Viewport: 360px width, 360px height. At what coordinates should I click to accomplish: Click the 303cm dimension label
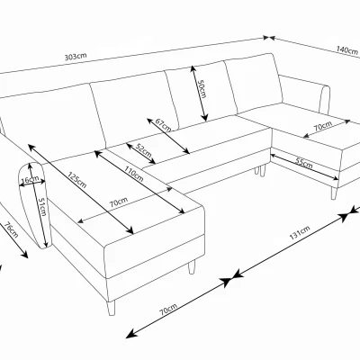[76, 56]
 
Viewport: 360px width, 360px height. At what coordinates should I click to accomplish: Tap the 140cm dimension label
[347, 50]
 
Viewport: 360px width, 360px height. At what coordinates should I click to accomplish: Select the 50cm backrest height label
[202, 88]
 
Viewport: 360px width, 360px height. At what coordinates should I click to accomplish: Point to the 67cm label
[163, 125]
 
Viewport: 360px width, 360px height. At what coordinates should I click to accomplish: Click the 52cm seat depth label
[143, 151]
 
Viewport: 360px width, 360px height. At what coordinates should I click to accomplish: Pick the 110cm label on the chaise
[133, 174]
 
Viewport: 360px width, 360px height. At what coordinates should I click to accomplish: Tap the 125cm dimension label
[76, 180]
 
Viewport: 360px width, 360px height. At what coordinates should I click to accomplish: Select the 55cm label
[303, 163]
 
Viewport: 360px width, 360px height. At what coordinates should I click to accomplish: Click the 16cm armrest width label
[30, 180]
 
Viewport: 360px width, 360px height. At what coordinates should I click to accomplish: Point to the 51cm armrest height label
[42, 208]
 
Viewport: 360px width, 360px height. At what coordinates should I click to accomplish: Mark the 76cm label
[12, 229]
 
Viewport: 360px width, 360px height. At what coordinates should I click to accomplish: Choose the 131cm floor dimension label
[300, 232]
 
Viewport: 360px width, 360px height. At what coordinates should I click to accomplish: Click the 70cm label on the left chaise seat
[118, 202]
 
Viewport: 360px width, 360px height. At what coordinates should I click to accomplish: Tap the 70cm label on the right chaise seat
[323, 126]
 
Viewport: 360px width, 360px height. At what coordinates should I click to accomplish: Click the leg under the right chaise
[334, 193]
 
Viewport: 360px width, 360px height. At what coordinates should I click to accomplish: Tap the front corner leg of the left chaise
[112, 308]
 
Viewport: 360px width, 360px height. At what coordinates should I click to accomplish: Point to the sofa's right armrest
[325, 100]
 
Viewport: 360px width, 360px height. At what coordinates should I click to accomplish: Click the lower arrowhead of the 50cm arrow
[205, 118]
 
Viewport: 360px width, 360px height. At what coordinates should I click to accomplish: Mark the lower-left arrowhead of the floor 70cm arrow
[130, 336]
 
